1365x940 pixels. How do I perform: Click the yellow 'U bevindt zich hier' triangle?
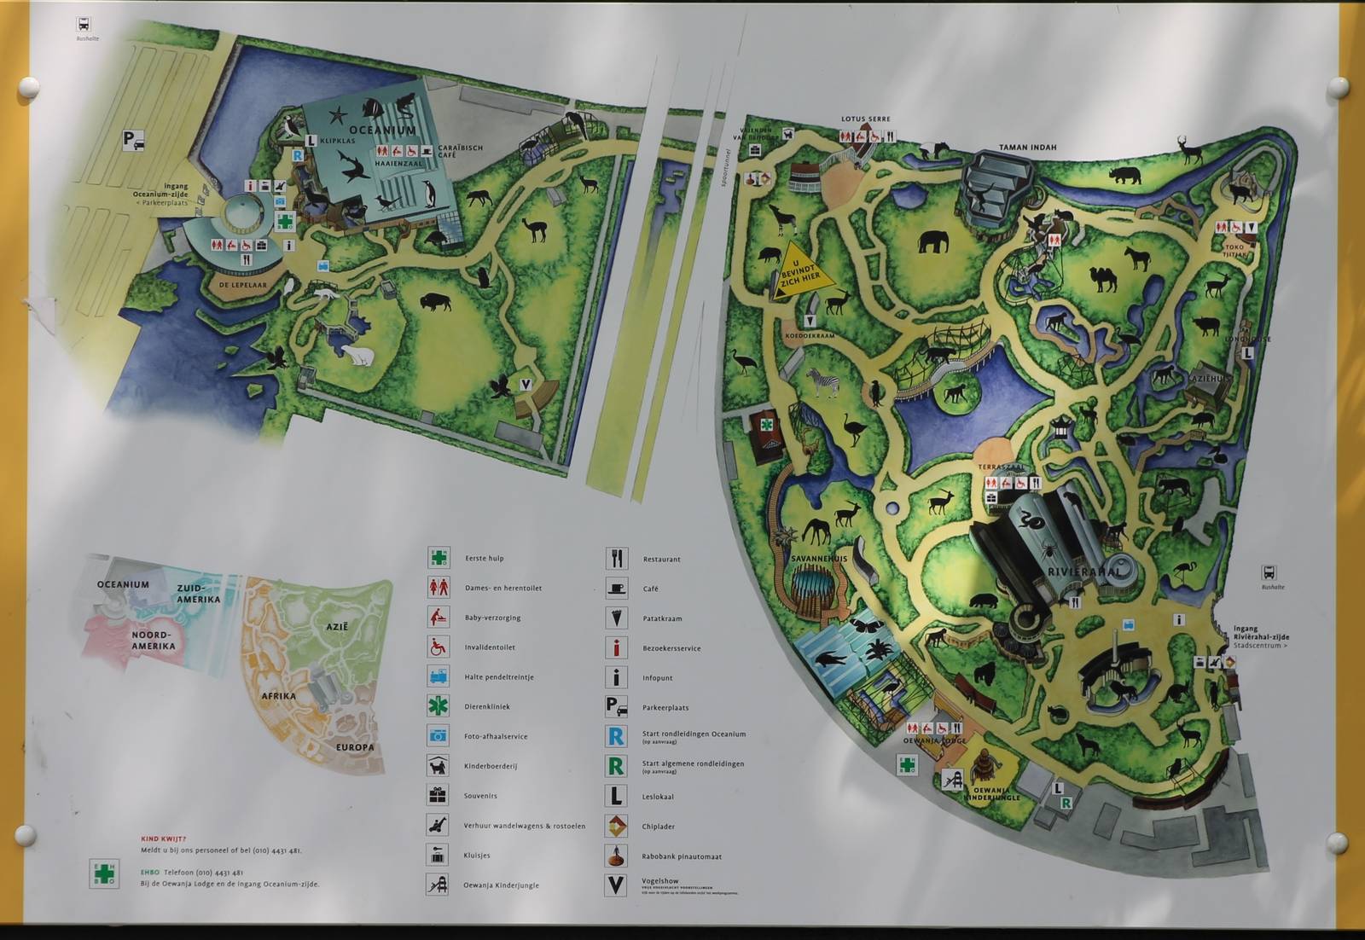coord(799,276)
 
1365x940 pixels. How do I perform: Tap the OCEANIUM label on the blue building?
coord(381,130)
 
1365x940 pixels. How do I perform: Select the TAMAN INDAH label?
coord(1027,148)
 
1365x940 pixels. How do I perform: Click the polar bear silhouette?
coord(356,354)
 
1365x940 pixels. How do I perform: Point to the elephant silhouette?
coord(933,242)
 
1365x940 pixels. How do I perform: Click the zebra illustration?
coord(822,382)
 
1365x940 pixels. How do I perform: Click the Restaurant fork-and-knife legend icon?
coord(616,559)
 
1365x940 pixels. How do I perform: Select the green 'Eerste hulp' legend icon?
coord(439,558)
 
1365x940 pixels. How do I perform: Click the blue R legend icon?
coord(615,736)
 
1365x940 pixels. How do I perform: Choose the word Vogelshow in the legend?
coord(659,881)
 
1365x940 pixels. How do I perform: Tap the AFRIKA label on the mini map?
coord(278,696)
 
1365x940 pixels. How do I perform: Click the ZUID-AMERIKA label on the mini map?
coord(198,594)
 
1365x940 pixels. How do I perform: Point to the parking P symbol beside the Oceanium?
coord(132,140)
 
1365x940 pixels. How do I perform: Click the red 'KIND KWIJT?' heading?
coord(163,839)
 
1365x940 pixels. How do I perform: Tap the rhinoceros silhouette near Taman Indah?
coord(1125,176)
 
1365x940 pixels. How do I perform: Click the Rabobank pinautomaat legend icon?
coord(616,856)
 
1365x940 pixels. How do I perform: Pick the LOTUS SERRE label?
coord(865,119)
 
